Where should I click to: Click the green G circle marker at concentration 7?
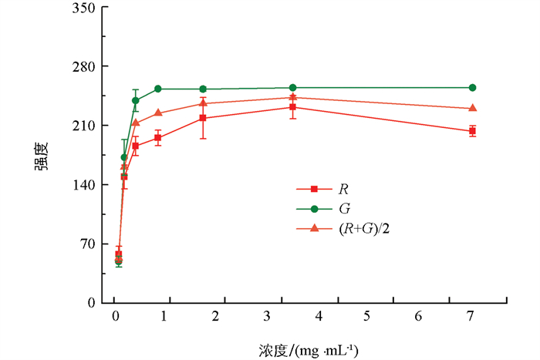[472, 88]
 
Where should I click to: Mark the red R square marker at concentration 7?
[472, 131]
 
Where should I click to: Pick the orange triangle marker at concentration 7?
[472, 108]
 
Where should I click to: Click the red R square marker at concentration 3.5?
[293, 107]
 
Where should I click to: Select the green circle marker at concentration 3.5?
[293, 88]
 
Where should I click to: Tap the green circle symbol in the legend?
[313, 208]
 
